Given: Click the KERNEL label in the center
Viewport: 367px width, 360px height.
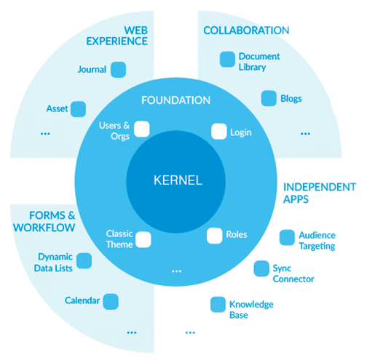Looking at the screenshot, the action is (178, 180).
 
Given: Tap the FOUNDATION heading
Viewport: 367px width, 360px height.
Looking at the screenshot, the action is (175, 100).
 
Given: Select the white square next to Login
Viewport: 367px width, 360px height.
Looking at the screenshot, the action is (219, 132).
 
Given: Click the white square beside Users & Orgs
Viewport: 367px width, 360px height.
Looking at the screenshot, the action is (142, 129).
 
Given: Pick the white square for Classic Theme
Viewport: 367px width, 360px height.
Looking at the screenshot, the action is (143, 239).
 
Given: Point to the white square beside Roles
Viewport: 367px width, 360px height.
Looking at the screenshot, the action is (215, 236).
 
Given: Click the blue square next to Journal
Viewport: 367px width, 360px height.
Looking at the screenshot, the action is (118, 70).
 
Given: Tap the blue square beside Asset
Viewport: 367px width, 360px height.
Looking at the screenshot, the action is (78, 109).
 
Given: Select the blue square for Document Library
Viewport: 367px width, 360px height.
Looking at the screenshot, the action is (227, 59).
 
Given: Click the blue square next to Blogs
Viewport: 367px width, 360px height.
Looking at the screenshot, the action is (269, 98).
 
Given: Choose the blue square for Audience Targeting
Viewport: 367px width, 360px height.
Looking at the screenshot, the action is (287, 238).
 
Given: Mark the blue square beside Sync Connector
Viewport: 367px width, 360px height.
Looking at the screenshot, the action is (261, 268).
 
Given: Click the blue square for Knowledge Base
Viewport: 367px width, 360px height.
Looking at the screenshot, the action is (218, 305).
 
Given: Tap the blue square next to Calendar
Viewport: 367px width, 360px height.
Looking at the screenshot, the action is (111, 302).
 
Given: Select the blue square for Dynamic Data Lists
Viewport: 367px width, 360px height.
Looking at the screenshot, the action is (84, 261).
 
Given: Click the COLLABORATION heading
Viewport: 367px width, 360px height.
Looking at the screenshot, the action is (246, 31).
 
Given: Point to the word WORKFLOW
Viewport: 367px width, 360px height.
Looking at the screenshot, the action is (44, 228).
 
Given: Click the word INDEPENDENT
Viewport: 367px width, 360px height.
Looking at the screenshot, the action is (320, 187).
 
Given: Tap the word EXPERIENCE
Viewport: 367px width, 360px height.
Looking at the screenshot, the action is (117, 41).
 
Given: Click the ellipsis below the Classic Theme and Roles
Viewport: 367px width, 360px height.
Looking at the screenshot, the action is (176, 271).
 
